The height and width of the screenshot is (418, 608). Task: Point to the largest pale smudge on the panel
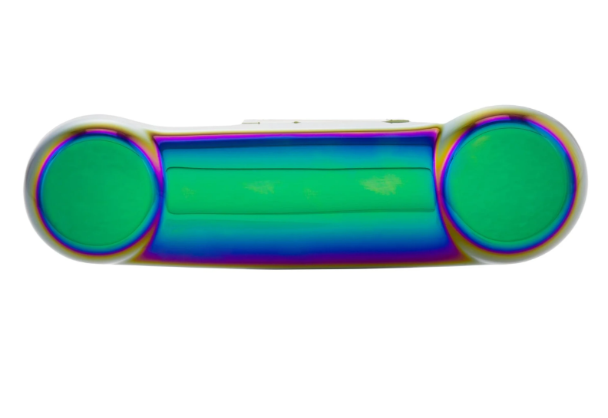383,183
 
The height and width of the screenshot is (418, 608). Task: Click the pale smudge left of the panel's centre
261,186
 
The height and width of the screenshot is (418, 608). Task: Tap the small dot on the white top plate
295,121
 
